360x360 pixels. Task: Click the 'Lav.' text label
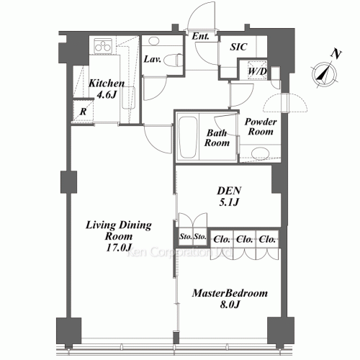click(x=152, y=59)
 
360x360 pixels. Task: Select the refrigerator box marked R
click(x=84, y=112)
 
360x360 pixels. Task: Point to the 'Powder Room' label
click(x=261, y=127)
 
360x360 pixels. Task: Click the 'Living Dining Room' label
click(x=118, y=231)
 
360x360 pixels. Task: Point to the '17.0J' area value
click(x=118, y=248)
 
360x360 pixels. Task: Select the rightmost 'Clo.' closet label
click(x=268, y=238)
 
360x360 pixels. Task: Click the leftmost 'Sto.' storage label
click(x=184, y=235)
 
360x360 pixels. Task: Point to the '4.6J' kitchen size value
click(x=107, y=94)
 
